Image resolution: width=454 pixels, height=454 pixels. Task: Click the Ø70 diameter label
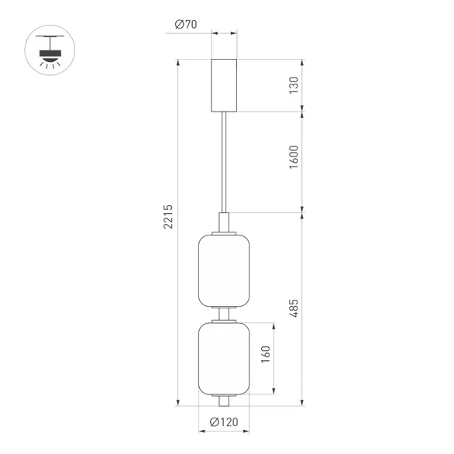186,25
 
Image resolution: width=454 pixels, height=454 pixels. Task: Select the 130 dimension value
294,84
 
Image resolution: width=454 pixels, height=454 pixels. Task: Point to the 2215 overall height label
169,221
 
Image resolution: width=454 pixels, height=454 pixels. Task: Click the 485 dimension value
294,308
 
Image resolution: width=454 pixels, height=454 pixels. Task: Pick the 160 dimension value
266,357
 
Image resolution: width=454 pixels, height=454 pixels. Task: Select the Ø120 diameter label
223,423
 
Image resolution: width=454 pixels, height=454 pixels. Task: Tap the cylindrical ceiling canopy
224,84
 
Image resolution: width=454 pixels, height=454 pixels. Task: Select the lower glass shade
223,356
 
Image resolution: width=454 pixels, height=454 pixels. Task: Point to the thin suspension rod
224,163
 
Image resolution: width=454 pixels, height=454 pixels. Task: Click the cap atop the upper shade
224,222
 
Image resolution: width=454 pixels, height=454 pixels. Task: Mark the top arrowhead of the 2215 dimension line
179,61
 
